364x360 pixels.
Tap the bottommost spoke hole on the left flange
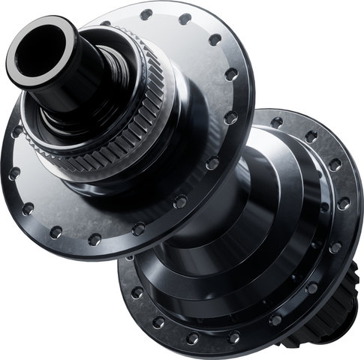pyautogui.click(x=95, y=239)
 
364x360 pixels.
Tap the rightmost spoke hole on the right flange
pyautogui.click(x=344, y=202)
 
